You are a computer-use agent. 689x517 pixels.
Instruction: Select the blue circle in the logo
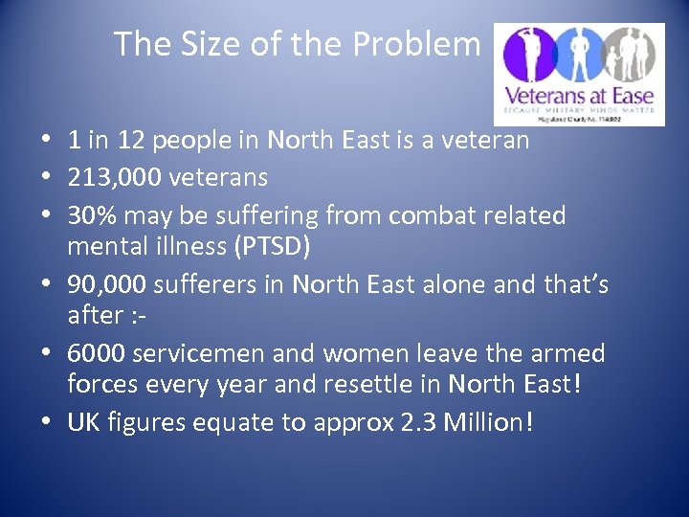pos(581,54)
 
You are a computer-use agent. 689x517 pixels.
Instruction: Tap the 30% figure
pos(89,214)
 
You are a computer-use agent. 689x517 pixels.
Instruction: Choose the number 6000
pos(96,353)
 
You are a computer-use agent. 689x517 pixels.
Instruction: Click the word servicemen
pos(199,353)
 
